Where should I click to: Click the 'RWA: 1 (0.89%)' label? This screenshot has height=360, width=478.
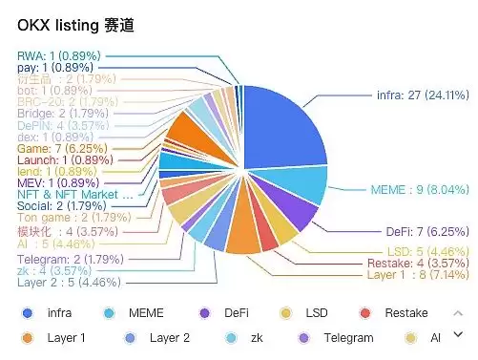58,56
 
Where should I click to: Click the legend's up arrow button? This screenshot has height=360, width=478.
458,312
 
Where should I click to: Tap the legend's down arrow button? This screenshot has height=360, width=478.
458,334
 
